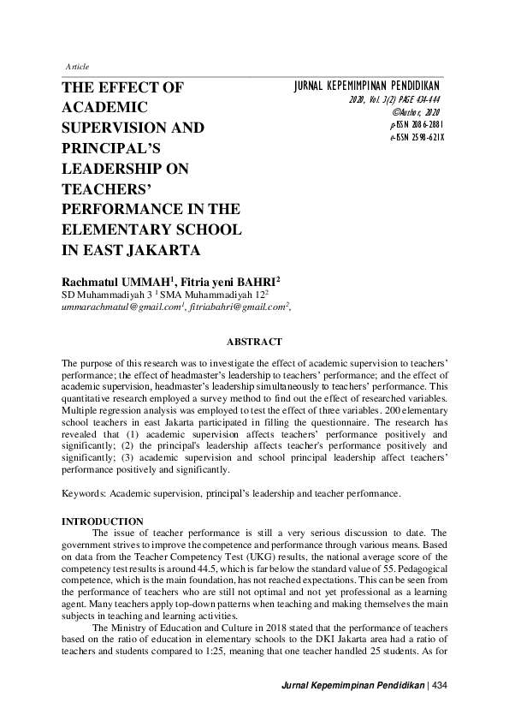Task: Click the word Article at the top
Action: tap(77, 67)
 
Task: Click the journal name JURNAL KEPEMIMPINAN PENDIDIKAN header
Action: tap(367, 87)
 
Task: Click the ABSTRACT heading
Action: tap(254, 342)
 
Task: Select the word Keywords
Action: tap(87, 494)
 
